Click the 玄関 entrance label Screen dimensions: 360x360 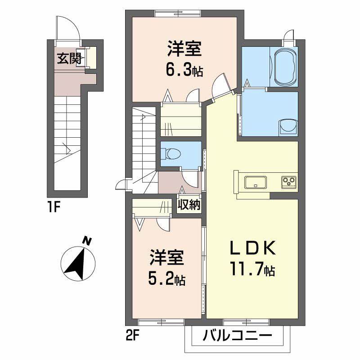(66, 58)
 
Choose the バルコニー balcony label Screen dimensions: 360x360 (237, 336)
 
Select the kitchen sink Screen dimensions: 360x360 (256, 182)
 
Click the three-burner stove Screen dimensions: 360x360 (289, 182)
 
